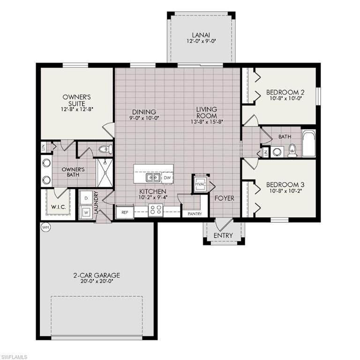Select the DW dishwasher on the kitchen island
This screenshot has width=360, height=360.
pyautogui.click(x=167, y=178)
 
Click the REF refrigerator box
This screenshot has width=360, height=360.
pyautogui.click(x=125, y=212)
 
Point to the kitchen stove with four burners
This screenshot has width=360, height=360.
pyautogui.click(x=155, y=210)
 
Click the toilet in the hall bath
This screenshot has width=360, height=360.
pyautogui.click(x=292, y=150)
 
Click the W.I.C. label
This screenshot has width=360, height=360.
pyautogui.click(x=57, y=207)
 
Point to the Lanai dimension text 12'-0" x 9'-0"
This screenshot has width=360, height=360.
pyautogui.click(x=202, y=42)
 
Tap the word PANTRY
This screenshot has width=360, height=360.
pyautogui.click(x=195, y=214)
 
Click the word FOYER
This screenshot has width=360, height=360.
pyautogui.click(x=225, y=198)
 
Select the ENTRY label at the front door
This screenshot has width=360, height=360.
pyautogui.click(x=223, y=235)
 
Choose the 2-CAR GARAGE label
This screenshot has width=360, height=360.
pyautogui.click(x=97, y=275)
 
